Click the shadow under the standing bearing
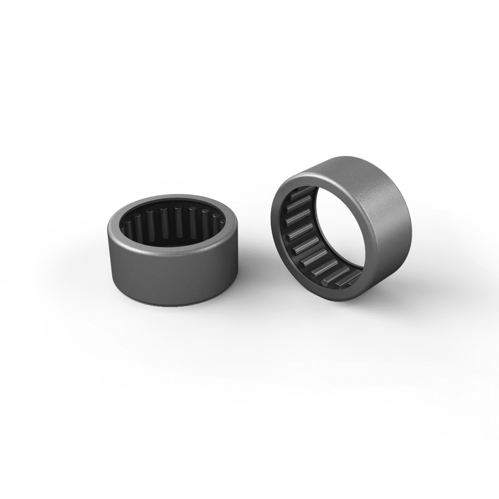[378, 302]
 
